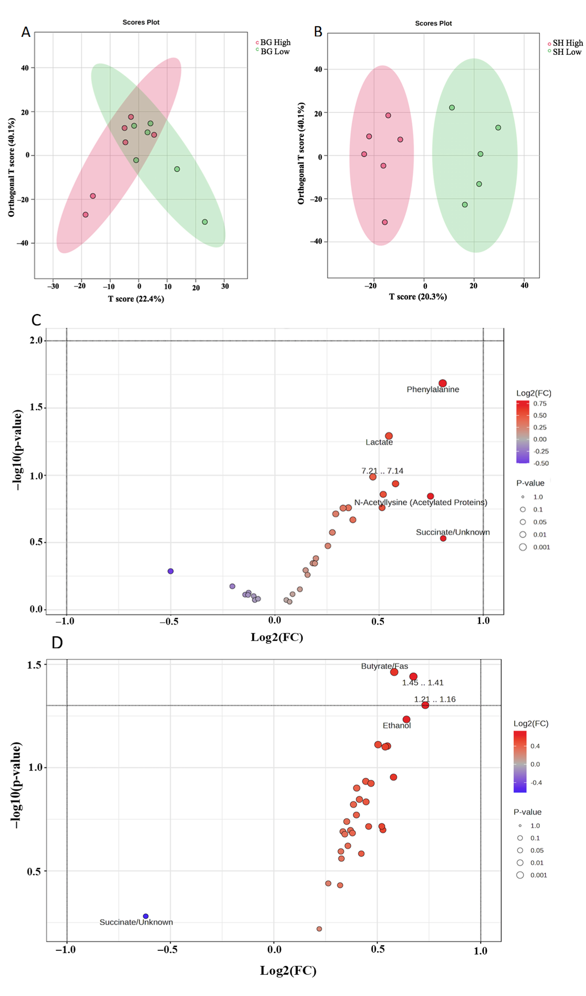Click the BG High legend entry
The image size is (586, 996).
pos(275,42)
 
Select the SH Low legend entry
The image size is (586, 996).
pos(567,52)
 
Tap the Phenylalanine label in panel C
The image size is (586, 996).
pos(433,389)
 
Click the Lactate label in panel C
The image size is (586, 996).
pos(379,442)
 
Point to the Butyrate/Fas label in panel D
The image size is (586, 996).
pos(384,666)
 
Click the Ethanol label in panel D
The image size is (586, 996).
pos(396,725)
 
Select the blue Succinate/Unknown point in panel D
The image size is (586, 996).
pos(145,916)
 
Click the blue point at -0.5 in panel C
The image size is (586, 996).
pos(170,571)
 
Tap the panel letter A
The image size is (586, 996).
pos(26,32)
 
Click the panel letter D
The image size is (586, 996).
pos(57,643)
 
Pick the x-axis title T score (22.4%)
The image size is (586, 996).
pos(136,299)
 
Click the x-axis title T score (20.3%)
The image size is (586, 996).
pos(418,297)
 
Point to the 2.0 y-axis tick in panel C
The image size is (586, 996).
pos(36,341)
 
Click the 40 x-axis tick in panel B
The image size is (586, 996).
pos(524,285)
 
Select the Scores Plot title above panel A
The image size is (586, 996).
pos(141,22)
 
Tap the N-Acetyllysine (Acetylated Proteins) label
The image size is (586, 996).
pos(420,502)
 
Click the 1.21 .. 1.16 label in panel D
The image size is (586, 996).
pos(435,699)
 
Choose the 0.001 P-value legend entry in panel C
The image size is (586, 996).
pos(541,547)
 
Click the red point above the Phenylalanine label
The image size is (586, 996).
pos(442,383)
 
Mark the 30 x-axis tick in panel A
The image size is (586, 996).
pos(225,286)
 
